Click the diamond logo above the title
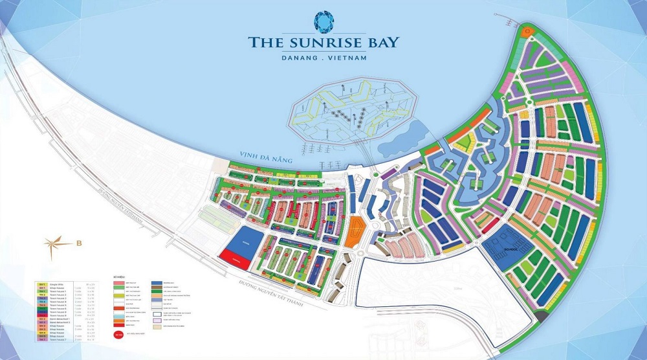click(x=323, y=21)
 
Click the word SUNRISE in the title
click(x=323, y=43)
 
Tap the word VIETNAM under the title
click(x=344, y=58)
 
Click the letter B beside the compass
click(x=79, y=244)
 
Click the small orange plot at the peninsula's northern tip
click(x=527, y=30)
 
